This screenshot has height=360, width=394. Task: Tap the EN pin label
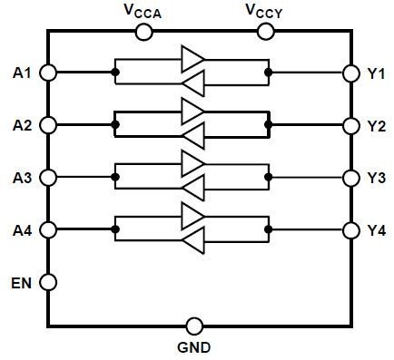pyautogui.click(x=22, y=282)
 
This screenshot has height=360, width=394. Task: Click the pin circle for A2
pyautogui.click(x=48, y=124)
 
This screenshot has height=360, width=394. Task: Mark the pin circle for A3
pyautogui.click(x=48, y=177)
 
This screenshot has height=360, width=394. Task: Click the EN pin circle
pyautogui.click(x=48, y=282)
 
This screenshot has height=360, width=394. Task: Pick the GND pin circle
pyautogui.click(x=193, y=326)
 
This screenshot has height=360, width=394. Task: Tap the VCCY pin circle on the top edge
pyautogui.click(x=266, y=32)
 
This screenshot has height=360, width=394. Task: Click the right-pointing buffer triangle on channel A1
pyautogui.click(x=192, y=61)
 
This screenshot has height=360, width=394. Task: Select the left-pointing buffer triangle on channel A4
pyautogui.click(x=192, y=241)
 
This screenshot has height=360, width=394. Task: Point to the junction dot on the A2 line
pyautogui.click(x=115, y=124)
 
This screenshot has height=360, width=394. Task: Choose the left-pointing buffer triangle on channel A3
pyautogui.click(x=192, y=189)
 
